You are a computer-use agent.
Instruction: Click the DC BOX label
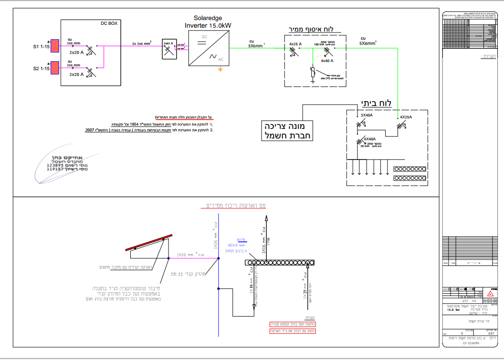tap(109, 23)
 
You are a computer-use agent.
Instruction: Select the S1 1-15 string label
tap(42, 47)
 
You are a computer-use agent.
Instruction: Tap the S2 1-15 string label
tap(42, 69)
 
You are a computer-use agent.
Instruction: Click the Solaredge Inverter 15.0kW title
tap(209, 21)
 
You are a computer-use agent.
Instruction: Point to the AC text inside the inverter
tap(220, 60)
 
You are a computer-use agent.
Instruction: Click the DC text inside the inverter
tap(204, 37)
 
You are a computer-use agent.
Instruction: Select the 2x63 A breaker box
tap(168, 48)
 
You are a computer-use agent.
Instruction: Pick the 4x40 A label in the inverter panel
tap(327, 61)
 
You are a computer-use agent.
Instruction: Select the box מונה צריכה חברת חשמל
tap(287, 131)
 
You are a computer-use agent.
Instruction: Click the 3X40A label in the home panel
tap(367, 115)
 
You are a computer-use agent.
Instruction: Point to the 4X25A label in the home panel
tap(406, 117)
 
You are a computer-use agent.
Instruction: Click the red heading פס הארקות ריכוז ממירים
tap(235, 205)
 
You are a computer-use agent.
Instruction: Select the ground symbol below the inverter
tap(220, 70)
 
